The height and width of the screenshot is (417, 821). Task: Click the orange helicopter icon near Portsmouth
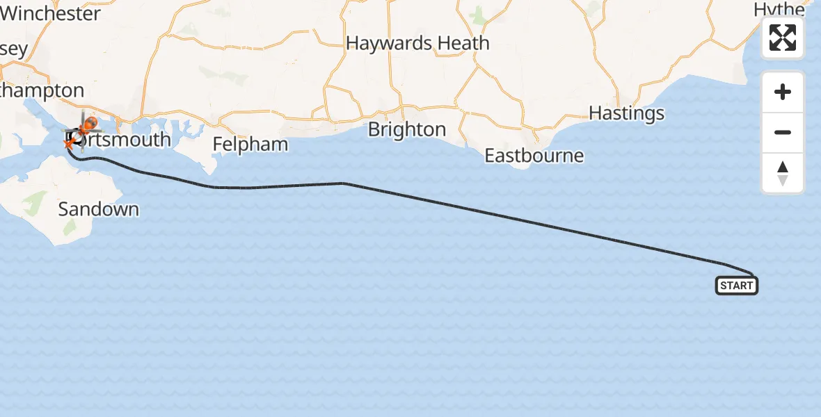(88, 126)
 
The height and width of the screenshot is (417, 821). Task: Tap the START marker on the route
(736, 285)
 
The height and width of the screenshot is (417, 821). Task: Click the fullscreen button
(783, 38)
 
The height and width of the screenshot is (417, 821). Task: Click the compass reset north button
(783, 173)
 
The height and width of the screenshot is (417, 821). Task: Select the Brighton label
(407, 130)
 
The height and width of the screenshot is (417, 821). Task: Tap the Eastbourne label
(534, 155)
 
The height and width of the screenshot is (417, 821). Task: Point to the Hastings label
(626, 113)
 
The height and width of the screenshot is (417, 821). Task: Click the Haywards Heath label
(417, 43)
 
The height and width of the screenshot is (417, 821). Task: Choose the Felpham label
(250, 145)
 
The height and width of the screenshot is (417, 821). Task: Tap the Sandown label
(98, 209)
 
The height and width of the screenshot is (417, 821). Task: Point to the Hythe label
(779, 9)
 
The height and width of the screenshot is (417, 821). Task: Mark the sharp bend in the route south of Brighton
(343, 183)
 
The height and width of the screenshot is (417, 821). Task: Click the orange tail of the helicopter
(70, 143)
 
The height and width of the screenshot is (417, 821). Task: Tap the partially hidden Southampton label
(42, 90)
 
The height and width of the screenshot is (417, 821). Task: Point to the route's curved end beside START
(750, 273)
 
